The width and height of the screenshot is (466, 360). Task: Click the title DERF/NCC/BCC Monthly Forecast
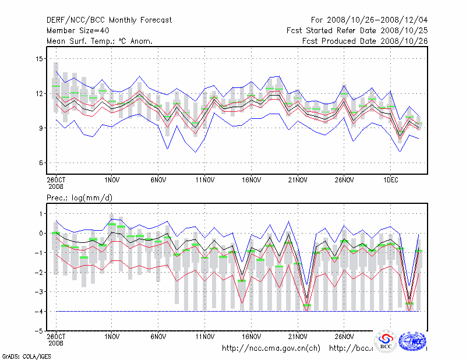(109, 20)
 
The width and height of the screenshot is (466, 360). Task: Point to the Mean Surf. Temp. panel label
(99, 41)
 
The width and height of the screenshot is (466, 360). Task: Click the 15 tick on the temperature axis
(40, 59)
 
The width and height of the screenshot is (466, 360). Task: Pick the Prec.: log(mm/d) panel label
(79, 198)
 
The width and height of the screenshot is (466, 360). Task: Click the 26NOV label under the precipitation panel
(344, 336)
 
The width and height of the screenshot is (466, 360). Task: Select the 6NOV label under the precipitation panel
(158, 336)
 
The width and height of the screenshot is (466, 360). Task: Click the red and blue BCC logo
(386, 341)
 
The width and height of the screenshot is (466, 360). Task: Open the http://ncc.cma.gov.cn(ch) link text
(271, 348)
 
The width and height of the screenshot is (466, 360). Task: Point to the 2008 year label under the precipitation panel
(55, 343)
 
